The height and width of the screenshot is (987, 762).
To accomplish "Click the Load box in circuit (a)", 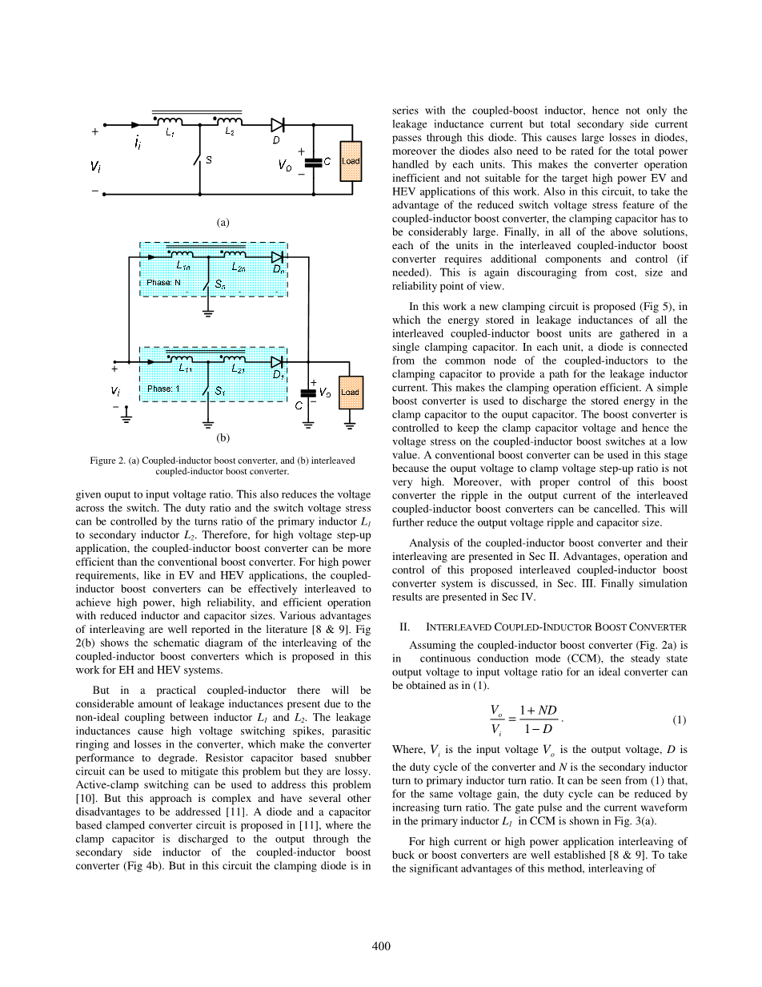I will pos(351,161).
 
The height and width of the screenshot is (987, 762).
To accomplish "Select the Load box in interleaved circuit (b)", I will pos(351,393).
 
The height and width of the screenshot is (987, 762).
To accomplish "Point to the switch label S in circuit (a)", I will pos(209,160).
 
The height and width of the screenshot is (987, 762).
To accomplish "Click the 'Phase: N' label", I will pos(164,283).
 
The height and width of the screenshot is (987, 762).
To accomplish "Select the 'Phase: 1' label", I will pos(164,389).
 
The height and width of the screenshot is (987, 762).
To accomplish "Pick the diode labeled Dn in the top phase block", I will pos(278,258).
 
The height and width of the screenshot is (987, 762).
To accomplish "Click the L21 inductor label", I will pos(238,369).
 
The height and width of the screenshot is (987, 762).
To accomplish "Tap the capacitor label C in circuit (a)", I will pos(327,160).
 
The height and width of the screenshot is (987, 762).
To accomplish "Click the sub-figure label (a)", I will pos(223,222).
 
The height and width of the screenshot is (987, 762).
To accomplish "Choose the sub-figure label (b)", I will pos(223,438).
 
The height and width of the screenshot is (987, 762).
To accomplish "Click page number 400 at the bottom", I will pos(381,946).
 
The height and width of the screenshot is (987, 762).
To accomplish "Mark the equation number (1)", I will pos(679,720).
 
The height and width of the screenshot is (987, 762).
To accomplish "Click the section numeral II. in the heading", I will pos(404,626).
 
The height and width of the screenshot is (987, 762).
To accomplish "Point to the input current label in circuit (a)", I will pos(138,143).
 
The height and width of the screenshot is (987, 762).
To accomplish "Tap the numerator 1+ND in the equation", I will pos(537,711).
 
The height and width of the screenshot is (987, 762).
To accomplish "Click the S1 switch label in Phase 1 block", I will pos(220,392).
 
